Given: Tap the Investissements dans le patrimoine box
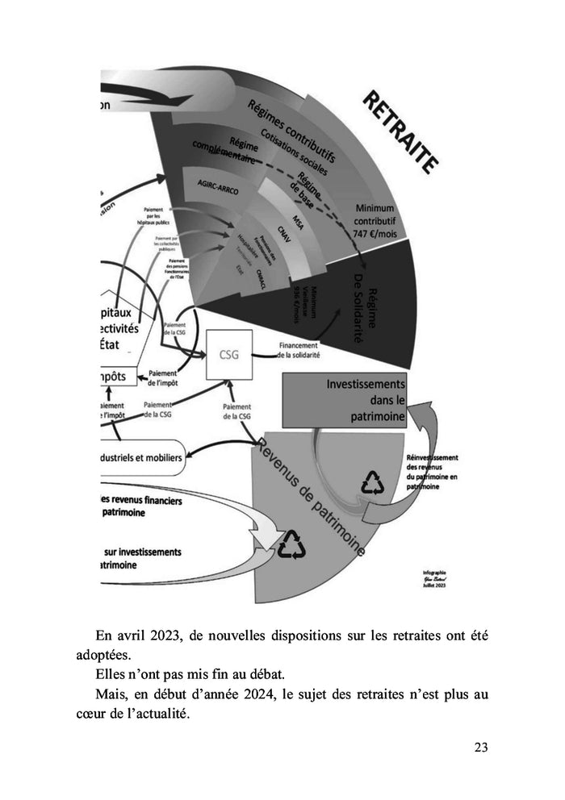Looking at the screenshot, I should (345, 400).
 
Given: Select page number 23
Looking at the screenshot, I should (480, 747).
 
